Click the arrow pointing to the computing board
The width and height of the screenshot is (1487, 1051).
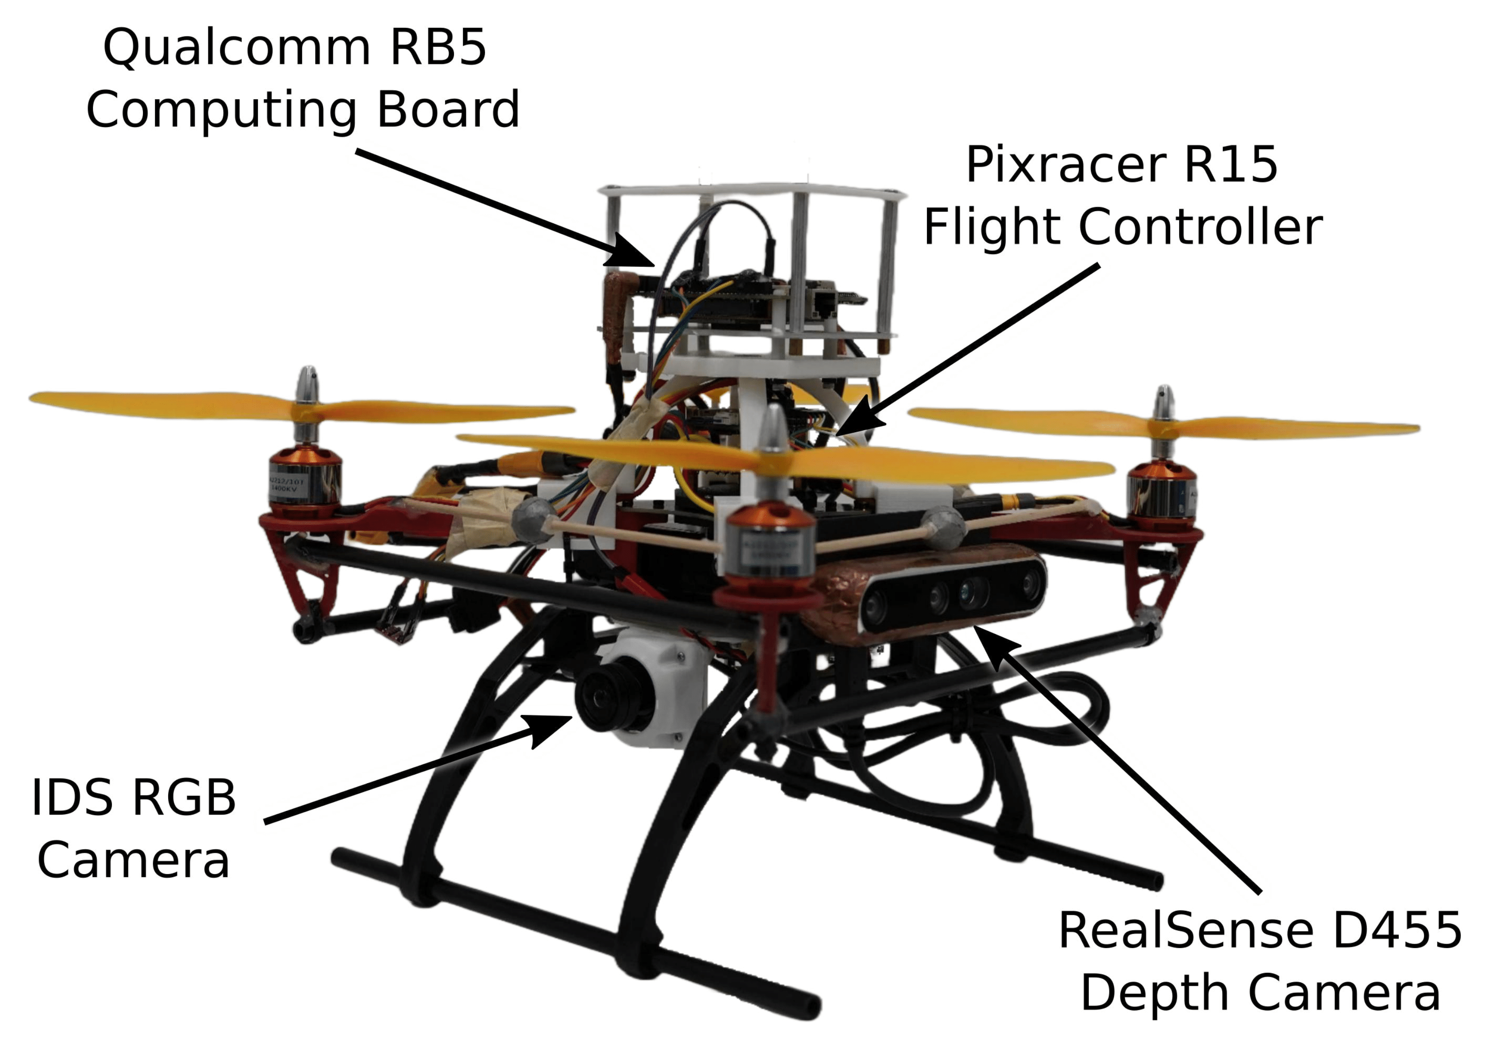tap(505, 207)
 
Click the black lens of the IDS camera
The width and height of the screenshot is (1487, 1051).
tap(605, 699)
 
